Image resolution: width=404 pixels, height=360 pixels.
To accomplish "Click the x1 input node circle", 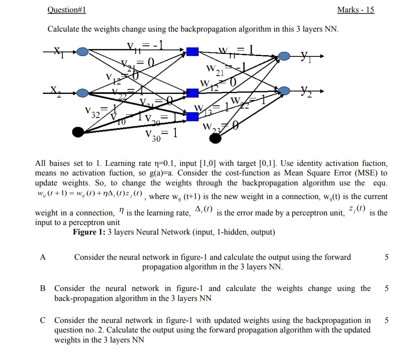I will click(83, 51).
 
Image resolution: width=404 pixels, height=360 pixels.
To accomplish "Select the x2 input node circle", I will click(83, 93).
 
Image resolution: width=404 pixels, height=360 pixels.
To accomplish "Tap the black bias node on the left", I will click(78, 131).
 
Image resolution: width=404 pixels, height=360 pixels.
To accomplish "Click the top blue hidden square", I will click(193, 51).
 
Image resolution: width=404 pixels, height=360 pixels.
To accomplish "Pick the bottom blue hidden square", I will click(193, 116).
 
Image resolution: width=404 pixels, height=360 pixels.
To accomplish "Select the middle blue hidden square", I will click(193, 93).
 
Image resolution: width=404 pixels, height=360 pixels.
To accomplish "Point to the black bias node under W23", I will click(215, 138).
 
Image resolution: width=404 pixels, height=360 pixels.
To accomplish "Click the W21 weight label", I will click(214, 70).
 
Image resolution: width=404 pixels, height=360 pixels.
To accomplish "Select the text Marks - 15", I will click(356, 10).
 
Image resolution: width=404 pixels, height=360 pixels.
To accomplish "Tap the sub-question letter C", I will click(43, 320).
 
